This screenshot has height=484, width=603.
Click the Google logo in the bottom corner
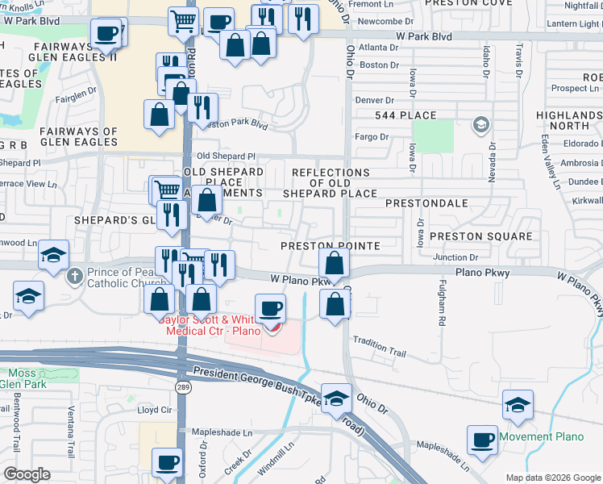(26, 474)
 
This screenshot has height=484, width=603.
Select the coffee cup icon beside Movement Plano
(483, 440)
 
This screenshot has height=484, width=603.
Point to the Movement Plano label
(540, 437)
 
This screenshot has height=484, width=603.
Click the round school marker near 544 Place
(481, 124)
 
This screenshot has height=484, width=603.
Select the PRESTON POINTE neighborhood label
(329, 244)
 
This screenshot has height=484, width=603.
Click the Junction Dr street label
(472, 257)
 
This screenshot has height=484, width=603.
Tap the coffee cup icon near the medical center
(270, 308)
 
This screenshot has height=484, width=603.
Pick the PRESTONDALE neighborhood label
(426, 203)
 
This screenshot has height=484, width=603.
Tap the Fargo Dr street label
(372, 137)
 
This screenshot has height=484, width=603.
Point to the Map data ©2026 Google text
(552, 478)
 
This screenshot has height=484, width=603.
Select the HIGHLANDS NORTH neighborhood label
(568, 120)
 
